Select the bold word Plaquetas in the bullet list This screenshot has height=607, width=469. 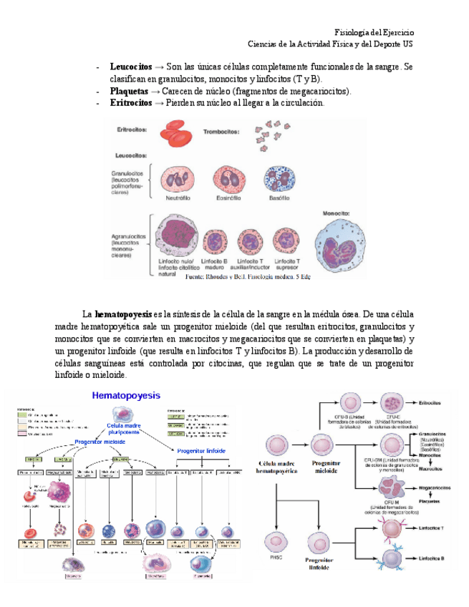[130, 92]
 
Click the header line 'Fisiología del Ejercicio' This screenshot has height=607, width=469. [374, 33]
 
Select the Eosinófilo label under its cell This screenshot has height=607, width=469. [228, 198]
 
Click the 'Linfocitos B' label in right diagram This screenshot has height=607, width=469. [437, 555]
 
